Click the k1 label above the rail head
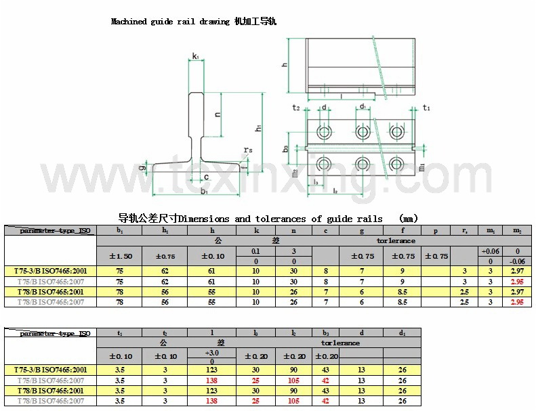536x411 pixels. [195, 56]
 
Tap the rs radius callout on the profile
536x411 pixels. [248, 150]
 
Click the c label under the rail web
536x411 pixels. [206, 177]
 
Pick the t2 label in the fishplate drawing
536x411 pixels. [296, 108]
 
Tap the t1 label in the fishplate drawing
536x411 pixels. [426, 108]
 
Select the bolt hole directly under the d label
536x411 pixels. [325, 131]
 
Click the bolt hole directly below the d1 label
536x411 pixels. [363, 131]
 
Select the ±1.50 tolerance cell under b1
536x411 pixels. [120, 256]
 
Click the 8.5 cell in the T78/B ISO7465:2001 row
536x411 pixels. [403, 292]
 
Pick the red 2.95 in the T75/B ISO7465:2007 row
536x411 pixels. [517, 282]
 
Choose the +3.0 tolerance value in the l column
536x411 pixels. [212, 353]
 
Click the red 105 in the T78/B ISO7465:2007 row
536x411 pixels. [294, 401]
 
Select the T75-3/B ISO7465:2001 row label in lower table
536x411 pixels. [50, 370]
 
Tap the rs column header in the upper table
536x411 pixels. [464, 231]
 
